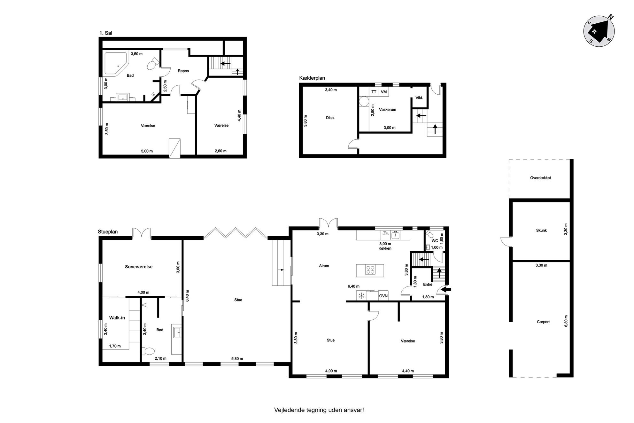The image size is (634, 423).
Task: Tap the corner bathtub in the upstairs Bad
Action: coord(116,64)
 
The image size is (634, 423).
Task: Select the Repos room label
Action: coord(183,71)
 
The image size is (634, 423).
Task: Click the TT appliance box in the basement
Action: coord(374,92)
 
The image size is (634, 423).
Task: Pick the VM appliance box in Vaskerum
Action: coord(384,92)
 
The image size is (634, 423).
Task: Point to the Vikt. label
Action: coord(419,98)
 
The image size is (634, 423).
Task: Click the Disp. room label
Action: coord(330,118)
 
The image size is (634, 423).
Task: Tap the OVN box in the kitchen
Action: coord(383,296)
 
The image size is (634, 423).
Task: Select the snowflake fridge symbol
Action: coord(361,296)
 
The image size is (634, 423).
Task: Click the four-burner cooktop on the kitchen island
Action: coord(370,270)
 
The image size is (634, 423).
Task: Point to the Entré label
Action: coord(428,284)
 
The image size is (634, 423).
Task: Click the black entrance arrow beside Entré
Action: coord(446,290)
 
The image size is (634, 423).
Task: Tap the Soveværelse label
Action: coord(139,267)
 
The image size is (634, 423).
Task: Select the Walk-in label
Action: coord(117,318)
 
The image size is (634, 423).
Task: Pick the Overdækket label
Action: coord(540,178)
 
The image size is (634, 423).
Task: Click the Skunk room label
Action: coord(541,231)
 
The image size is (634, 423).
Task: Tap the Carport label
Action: coord(543,322)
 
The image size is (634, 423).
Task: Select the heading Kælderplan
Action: coord(312,78)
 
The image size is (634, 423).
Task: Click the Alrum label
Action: coord(324,266)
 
